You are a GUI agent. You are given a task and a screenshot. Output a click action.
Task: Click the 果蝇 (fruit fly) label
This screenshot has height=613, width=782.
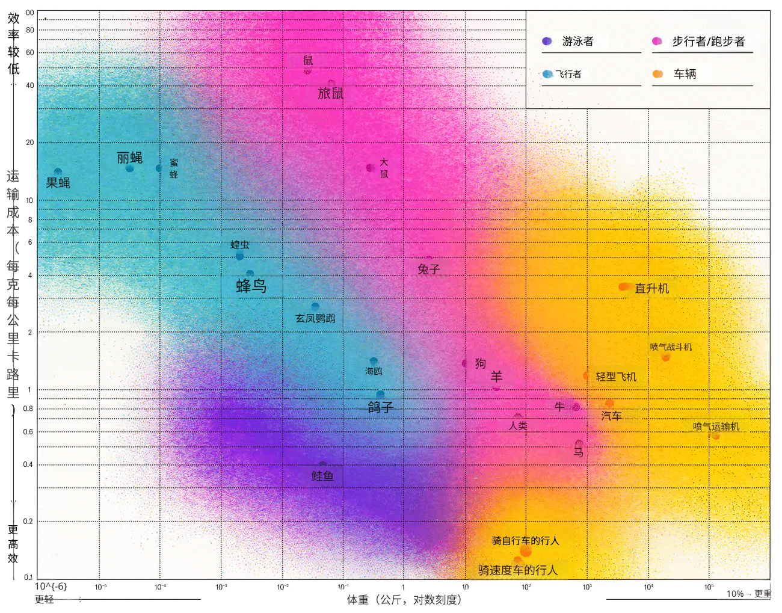pyautogui.click(x=58, y=183)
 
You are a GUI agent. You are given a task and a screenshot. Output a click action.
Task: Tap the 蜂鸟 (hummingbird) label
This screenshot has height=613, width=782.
pyautogui.click(x=251, y=286)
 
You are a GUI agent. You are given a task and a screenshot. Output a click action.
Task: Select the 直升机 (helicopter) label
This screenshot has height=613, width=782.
pyautogui.click(x=651, y=289)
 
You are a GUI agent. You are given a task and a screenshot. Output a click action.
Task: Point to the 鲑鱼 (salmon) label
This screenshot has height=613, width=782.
pyautogui.click(x=322, y=476)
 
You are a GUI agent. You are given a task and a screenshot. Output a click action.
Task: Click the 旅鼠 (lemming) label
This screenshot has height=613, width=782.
pyautogui.click(x=331, y=93)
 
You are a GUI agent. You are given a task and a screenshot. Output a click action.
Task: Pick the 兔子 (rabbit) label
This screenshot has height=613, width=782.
pyautogui.click(x=429, y=270)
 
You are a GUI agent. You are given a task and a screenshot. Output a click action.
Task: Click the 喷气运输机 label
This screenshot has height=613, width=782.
pyautogui.click(x=716, y=427)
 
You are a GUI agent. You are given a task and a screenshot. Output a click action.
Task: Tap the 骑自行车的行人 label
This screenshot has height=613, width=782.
pyautogui.click(x=525, y=541)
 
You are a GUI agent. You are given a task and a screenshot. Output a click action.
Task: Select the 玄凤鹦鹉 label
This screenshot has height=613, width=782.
pyautogui.click(x=315, y=318)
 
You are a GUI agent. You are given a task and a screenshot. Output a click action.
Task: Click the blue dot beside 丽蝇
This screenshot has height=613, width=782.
pyautogui.click(x=129, y=168)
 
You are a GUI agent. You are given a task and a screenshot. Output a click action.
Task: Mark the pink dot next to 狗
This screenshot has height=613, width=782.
pyautogui.click(x=465, y=363)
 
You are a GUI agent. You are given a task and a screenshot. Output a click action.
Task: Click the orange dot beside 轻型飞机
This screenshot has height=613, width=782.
pyautogui.click(x=586, y=376)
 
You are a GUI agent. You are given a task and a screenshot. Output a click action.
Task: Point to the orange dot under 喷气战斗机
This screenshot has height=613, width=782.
pyautogui.click(x=665, y=357)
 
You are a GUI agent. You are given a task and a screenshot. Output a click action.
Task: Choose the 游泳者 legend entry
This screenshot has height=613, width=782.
pyautogui.click(x=577, y=42)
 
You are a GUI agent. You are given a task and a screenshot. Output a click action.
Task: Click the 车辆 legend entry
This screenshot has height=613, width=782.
pyautogui.click(x=685, y=74)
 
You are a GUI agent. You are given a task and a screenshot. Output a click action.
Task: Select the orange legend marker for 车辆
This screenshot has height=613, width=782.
pyautogui.click(x=657, y=74)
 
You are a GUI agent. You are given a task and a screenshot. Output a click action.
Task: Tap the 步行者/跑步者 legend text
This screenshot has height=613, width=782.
pyautogui.click(x=708, y=42)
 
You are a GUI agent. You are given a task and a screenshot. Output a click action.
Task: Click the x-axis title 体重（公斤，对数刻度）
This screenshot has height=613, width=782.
pyautogui.click(x=404, y=600)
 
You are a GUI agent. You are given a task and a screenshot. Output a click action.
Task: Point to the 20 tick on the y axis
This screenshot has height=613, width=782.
pyautogui.click(x=30, y=143)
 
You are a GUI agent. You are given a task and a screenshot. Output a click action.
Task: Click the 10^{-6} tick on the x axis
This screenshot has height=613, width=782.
pyautogui.click(x=51, y=587)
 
